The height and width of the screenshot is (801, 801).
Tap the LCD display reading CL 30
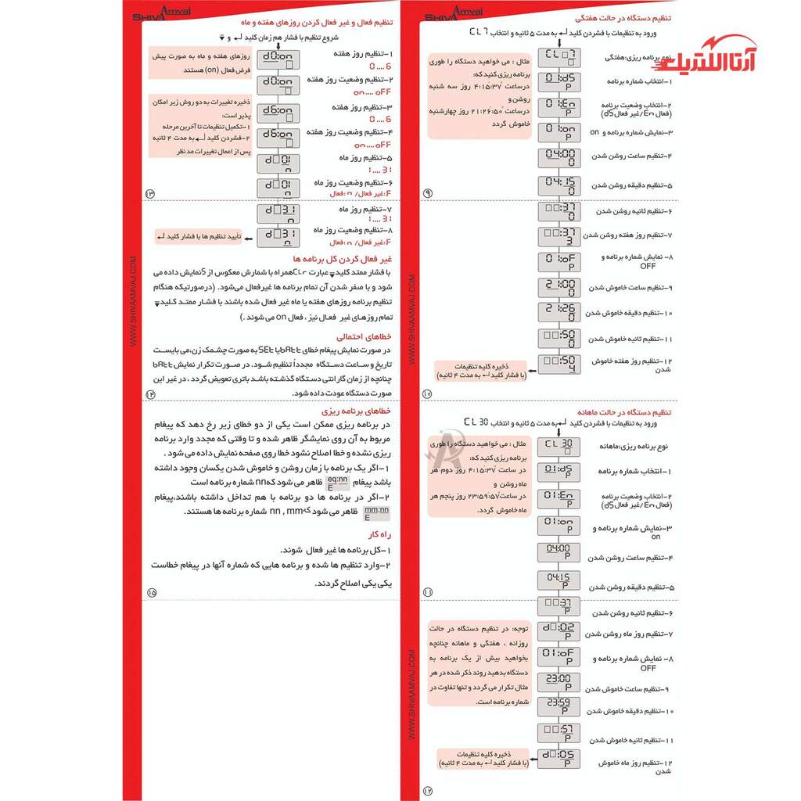click(x=559, y=445)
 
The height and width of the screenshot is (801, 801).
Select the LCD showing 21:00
click(x=559, y=286)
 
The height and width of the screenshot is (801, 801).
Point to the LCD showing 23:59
click(x=559, y=706)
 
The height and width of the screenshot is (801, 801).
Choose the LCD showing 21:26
click(x=559, y=311)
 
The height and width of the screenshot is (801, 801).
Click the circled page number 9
click(x=427, y=193)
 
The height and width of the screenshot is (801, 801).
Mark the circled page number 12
click(x=427, y=790)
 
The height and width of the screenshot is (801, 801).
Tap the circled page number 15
click(x=151, y=592)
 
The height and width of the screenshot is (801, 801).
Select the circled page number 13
click(x=151, y=193)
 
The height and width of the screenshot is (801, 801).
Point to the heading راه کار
click(x=379, y=535)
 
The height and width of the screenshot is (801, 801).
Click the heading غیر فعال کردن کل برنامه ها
click(x=342, y=257)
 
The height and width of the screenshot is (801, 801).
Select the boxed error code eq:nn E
click(x=337, y=483)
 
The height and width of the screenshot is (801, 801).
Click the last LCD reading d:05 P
click(x=559, y=757)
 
